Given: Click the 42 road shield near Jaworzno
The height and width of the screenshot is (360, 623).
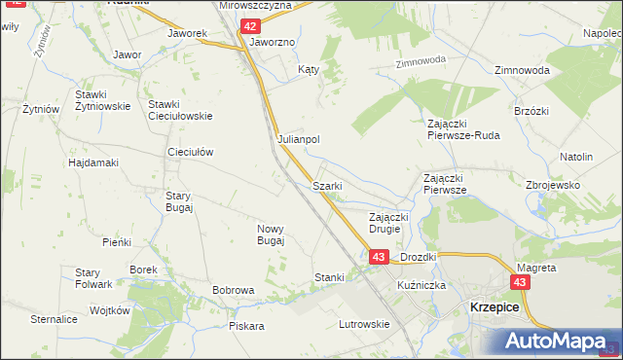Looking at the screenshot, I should coord(251,26).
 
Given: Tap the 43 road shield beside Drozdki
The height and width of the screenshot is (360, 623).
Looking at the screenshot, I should coord(380,256).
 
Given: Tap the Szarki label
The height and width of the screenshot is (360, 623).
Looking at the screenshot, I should coord(325,185).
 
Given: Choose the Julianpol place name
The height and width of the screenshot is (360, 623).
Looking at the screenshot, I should coord(299,139).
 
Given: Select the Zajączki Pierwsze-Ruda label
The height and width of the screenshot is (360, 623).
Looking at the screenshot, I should coord(463,129).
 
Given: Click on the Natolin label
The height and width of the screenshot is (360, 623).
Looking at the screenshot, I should coord(576,156).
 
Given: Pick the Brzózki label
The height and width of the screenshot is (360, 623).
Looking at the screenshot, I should coord(533,111).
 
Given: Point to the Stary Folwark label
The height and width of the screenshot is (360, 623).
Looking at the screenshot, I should coord(89,278).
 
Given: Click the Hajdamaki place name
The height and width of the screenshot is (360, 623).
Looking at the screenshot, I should coord(93,162).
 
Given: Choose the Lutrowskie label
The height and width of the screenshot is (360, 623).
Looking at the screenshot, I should coord(363,324).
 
